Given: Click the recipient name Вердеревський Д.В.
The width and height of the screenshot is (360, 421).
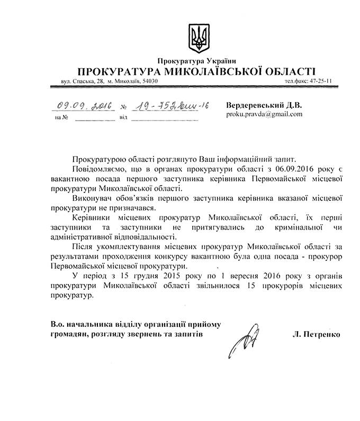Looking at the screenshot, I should (264, 105).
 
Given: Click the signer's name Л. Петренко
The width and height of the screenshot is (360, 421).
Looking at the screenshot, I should (316, 334).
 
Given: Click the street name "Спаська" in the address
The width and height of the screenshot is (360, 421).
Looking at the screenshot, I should (81, 82).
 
